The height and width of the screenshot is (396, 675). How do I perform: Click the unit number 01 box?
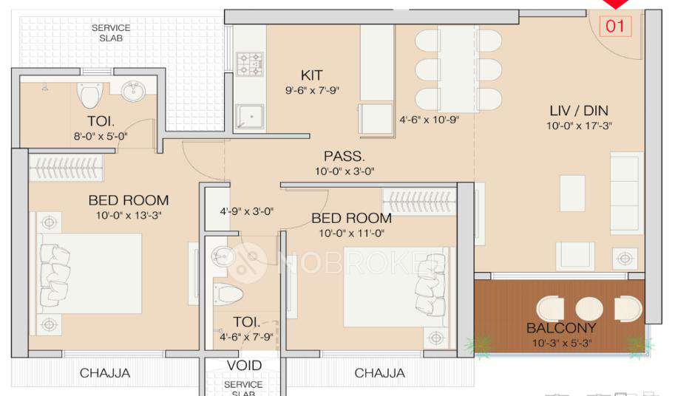tap(616, 27)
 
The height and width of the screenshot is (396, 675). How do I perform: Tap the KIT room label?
tap(311, 75)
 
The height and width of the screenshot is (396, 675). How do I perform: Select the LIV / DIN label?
tap(579, 111)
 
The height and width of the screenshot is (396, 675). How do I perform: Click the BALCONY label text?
tap(561, 328)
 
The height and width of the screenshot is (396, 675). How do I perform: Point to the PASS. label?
tap(344, 157)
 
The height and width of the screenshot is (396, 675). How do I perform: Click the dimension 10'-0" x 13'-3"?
tap(128, 216)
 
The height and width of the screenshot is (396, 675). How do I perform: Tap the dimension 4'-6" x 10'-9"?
tap(430, 119)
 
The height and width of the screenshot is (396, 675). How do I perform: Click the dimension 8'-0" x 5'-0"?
tap(100, 136)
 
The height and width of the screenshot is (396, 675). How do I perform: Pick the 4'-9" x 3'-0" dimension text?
tap(247, 211)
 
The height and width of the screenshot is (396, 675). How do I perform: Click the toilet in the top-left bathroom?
tap(90, 95)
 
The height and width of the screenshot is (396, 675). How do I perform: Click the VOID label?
tap(244, 366)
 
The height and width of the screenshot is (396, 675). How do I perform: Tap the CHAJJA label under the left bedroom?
tap(105, 373)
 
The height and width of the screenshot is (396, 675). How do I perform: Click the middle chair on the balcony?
tap(589, 308)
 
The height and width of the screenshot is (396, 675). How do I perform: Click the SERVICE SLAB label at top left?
tap(111, 33)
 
